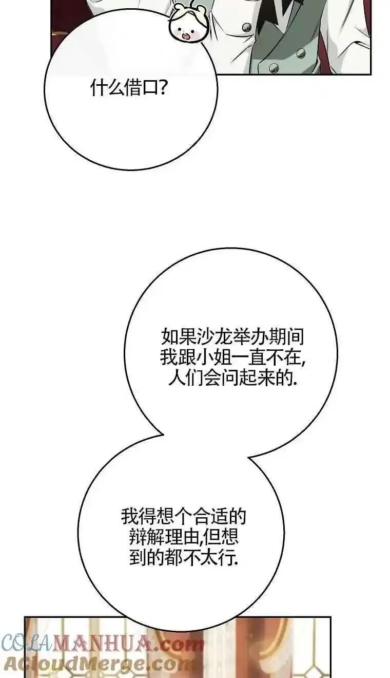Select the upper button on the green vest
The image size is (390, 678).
pos(301,54)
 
